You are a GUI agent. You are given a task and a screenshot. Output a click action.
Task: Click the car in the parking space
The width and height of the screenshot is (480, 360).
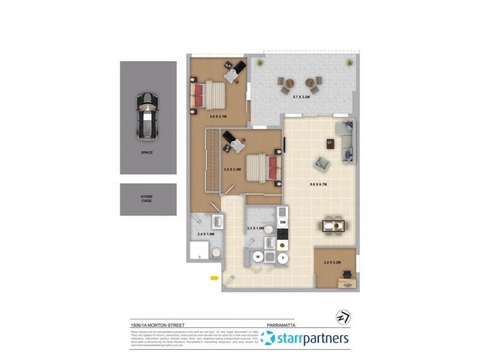[148, 115]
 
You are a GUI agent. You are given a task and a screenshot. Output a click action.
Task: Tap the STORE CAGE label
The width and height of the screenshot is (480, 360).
[147, 198]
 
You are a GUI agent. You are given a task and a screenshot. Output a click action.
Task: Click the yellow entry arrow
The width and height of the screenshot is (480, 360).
[214, 277]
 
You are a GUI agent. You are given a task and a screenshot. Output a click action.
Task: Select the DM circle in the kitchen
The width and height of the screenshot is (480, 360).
[283, 223]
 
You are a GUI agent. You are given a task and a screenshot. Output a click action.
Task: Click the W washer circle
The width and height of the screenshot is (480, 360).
[259, 256]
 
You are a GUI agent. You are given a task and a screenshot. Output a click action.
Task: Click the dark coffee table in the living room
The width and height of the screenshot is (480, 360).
[330, 143]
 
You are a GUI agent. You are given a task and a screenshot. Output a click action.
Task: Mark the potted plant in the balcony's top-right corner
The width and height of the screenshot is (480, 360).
[349, 62]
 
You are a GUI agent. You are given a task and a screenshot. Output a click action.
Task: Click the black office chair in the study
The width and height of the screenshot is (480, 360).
[347, 274]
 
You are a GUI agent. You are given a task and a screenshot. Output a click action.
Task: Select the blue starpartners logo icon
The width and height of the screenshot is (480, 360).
[268, 338]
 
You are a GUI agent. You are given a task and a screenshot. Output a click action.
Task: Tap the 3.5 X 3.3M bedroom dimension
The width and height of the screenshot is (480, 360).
[232, 170]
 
